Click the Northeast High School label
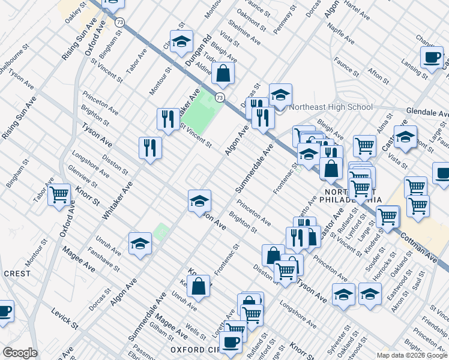pos(331,107)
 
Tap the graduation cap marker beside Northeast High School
pos(280,95)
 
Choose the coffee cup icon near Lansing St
pos(431,58)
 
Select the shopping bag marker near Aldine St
pos(223,74)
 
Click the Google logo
pos(20,353)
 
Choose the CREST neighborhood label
pos(16,273)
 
